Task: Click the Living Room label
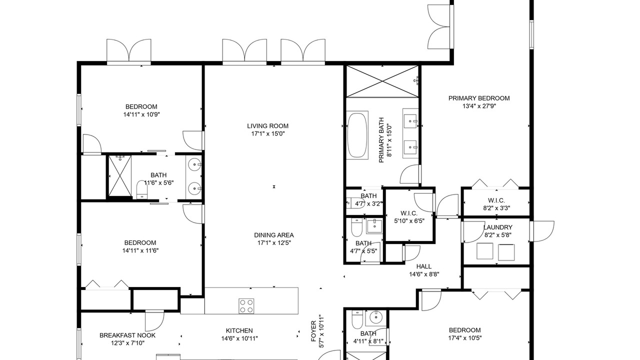point(267,126)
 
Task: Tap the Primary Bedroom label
point(479,98)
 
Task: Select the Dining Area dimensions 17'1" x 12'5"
point(273,243)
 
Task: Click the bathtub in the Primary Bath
point(357,135)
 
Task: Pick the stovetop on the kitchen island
point(246,306)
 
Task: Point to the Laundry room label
point(497,227)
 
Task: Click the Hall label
point(423,266)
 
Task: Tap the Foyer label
point(313,331)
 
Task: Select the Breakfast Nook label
point(127,335)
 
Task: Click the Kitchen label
point(239,331)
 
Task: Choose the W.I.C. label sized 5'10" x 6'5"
point(409,213)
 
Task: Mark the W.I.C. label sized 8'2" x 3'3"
point(496,200)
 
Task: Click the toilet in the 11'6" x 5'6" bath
point(141,189)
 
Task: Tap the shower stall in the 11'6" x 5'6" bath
point(120,176)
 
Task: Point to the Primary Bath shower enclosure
point(382,81)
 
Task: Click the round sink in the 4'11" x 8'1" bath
point(375,317)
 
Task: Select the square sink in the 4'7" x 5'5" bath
point(374,226)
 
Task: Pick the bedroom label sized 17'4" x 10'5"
point(464,330)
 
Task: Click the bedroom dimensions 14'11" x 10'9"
point(141,115)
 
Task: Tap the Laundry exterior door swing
point(542,231)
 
